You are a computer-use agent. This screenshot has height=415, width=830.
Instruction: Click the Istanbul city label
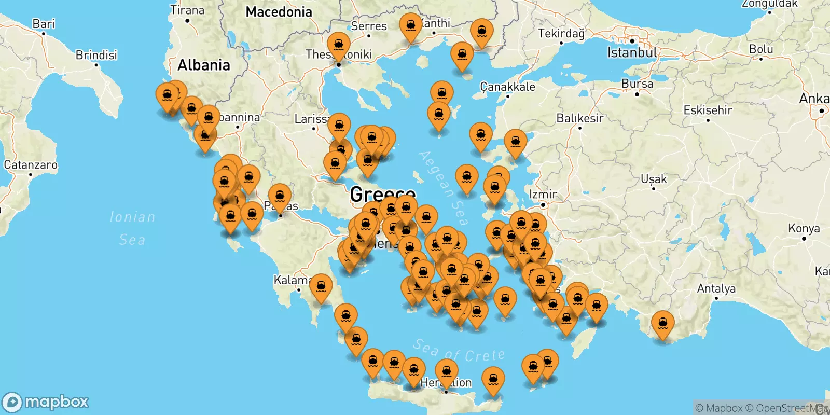632,52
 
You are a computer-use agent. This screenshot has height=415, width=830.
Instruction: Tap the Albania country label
203,65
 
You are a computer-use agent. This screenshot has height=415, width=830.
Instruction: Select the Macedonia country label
279,12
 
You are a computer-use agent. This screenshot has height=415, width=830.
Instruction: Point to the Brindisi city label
96,55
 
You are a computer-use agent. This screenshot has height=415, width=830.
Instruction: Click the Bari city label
43,24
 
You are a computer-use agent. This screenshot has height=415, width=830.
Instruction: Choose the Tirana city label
187,10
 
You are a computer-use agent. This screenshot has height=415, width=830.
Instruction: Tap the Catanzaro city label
31,165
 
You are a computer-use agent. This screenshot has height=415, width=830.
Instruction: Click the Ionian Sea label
132,228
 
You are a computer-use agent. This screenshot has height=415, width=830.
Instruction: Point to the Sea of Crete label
459,351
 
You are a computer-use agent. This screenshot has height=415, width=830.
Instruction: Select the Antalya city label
716,288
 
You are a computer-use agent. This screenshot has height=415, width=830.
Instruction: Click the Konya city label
804,228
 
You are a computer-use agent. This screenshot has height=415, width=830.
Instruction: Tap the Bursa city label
637,84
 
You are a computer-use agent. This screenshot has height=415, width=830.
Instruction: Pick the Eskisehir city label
708,110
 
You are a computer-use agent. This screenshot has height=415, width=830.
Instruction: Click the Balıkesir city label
580,118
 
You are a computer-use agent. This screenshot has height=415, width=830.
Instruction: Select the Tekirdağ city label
561,34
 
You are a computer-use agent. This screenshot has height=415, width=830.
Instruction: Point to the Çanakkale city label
507,87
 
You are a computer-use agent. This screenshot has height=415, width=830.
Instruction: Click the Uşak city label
654,179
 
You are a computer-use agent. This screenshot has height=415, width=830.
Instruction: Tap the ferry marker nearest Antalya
662,324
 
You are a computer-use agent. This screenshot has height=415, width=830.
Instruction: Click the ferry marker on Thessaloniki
338,45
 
